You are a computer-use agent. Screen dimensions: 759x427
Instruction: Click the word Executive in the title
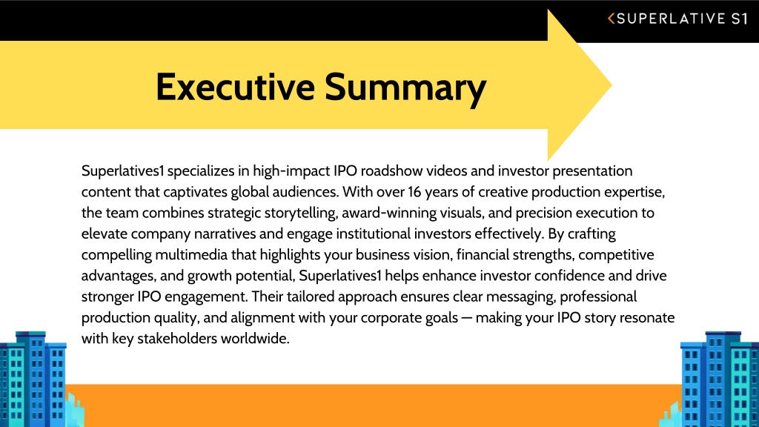tap(235, 87)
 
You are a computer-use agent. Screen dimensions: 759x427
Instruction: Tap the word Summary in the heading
tap(405, 89)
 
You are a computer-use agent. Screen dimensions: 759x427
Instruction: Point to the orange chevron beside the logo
tap(611, 19)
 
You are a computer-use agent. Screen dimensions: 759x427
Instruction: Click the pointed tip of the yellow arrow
tap(611, 85)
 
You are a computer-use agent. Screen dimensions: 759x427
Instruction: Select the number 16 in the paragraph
tap(415, 192)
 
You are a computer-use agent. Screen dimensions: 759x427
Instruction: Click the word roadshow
tap(391, 171)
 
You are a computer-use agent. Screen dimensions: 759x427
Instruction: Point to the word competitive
tap(616, 255)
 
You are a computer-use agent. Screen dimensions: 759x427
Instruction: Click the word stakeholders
tap(177, 338)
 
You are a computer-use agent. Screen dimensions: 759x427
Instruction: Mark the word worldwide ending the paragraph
tap(255, 338)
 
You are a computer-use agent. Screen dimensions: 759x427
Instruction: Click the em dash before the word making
tap(467, 318)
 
